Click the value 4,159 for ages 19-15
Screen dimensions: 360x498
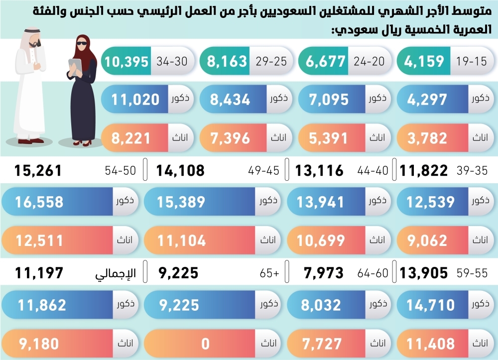tap(424, 62)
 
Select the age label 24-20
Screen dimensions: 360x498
tap(370, 62)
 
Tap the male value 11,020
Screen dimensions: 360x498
tap(135, 100)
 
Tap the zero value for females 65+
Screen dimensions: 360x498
tap(205, 344)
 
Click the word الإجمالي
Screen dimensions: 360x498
tap(116, 273)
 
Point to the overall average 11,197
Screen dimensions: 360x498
tap(39, 273)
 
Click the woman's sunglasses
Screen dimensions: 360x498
tap(81, 43)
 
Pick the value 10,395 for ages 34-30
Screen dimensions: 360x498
tap(127, 62)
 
